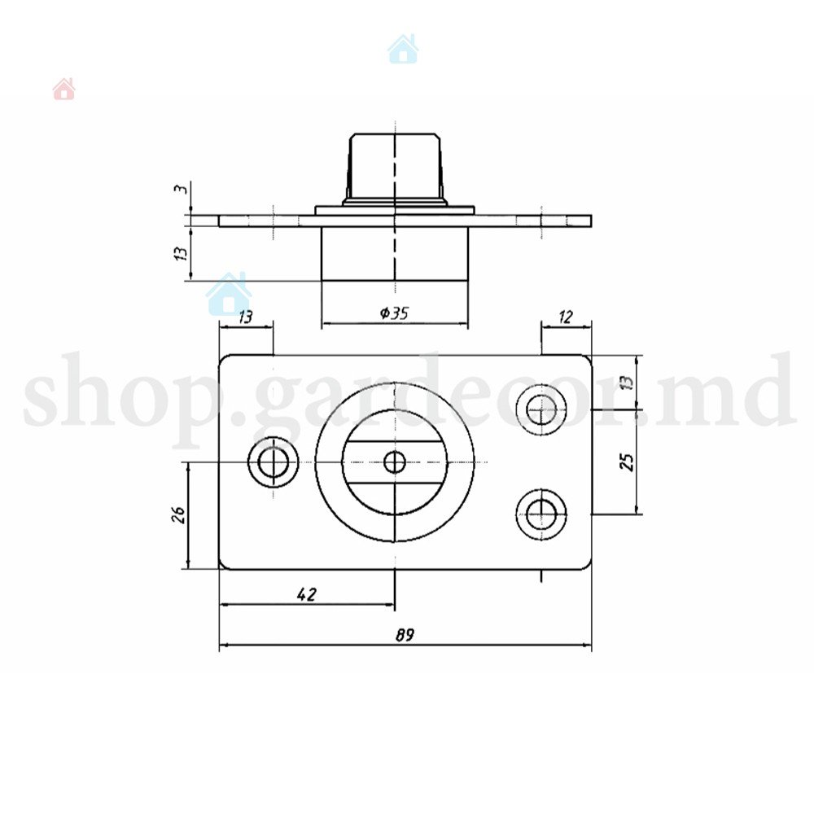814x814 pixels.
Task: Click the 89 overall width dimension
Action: [405, 635]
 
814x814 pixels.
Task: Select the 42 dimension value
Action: [307, 594]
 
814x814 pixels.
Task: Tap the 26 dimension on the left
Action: [178, 514]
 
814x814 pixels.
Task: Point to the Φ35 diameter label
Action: [394, 313]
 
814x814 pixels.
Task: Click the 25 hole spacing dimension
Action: [627, 462]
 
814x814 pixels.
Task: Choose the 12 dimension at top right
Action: [566, 317]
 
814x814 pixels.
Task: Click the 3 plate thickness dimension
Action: [180, 189]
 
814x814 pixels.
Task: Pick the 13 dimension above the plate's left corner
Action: [246, 317]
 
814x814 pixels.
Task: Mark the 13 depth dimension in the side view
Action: [180, 253]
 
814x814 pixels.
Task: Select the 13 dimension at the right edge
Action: [627, 382]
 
